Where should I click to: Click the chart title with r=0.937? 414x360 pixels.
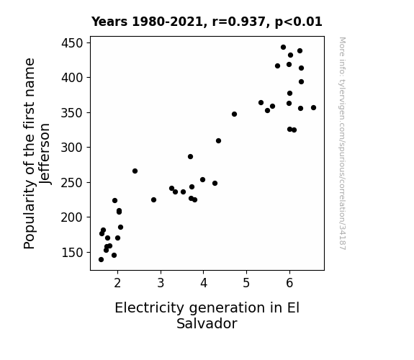coord(207,22)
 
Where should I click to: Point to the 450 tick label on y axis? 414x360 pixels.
coord(72,43)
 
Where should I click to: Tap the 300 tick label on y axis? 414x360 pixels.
coord(72,148)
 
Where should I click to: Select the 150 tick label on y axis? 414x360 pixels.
coord(72,253)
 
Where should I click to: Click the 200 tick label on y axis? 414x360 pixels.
coord(72,217)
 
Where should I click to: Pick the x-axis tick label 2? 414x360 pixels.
coord(117,283)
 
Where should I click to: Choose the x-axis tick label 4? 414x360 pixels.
coord(204,283)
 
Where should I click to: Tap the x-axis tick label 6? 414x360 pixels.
coord(289,283)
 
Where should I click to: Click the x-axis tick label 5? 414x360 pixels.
coord(246,283)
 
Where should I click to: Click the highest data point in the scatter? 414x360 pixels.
coord(283,48)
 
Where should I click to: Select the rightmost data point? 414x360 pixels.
coord(313,107)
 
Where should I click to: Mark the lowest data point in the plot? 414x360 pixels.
coord(101,260)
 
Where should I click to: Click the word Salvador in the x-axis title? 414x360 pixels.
coord(207,323)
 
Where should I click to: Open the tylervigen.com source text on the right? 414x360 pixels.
coord(342,143)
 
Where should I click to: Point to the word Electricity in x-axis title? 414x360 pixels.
coord(150,308)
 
